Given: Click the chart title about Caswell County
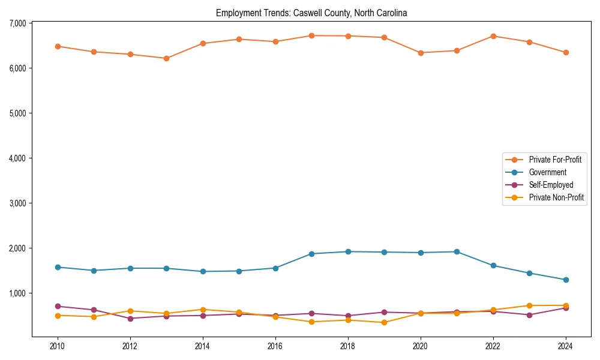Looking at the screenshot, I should (x=311, y=13).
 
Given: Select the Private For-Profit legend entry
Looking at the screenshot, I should (x=554, y=160).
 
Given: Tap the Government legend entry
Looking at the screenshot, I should (x=547, y=172).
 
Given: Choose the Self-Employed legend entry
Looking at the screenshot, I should (x=551, y=185).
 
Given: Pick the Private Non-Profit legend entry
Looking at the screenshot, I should (x=556, y=197).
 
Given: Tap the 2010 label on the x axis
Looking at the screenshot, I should (x=58, y=346).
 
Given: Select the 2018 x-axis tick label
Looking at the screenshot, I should (x=348, y=346).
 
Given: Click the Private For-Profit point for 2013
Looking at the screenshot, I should (x=166, y=58).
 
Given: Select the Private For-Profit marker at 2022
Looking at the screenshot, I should (x=493, y=36).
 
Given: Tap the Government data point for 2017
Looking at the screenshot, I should (x=311, y=254).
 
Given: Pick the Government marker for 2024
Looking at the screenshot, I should (x=566, y=280).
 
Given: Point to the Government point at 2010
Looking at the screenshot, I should (x=58, y=267).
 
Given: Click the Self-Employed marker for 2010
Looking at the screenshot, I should (x=58, y=306).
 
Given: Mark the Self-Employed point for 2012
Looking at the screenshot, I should (x=130, y=318).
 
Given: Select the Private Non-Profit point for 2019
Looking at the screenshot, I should (x=384, y=322).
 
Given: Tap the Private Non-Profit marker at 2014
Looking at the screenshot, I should (x=203, y=310).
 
